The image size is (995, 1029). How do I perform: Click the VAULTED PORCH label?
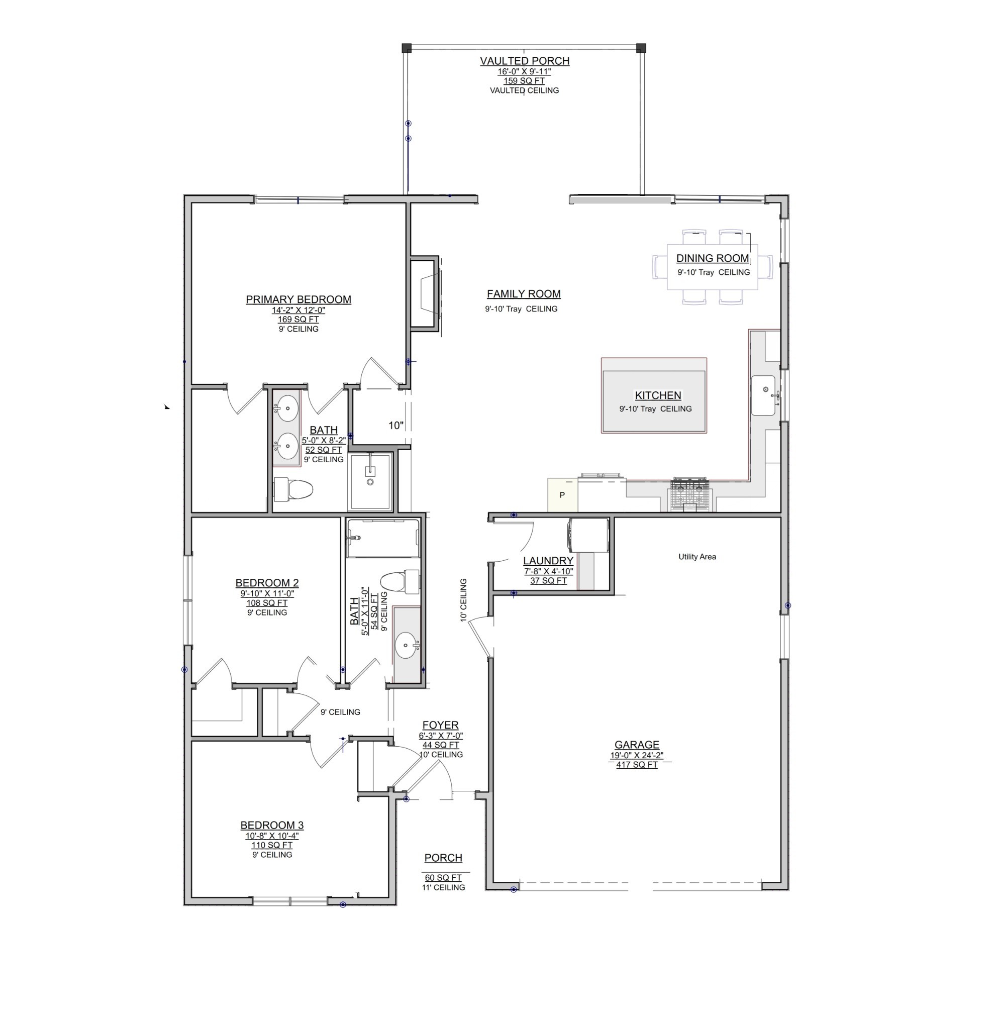(x=524, y=61)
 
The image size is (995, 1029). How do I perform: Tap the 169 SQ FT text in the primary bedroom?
(x=298, y=319)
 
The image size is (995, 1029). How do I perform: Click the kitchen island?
(x=653, y=395)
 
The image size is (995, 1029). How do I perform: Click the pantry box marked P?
(x=562, y=495)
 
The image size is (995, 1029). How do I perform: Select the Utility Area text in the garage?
(x=697, y=557)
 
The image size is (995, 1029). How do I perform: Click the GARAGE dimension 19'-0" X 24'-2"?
(x=636, y=756)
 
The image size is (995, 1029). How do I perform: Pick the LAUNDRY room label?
(x=548, y=561)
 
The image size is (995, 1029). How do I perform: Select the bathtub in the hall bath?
(x=383, y=538)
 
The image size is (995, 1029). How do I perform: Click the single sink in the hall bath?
(x=407, y=645)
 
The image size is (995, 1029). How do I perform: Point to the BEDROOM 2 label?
(x=267, y=583)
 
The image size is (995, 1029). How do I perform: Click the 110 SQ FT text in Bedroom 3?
(x=271, y=845)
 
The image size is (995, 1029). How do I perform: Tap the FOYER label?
(x=440, y=725)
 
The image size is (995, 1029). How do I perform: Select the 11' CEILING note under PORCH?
(x=443, y=887)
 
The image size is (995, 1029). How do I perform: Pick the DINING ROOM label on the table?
(x=712, y=258)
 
